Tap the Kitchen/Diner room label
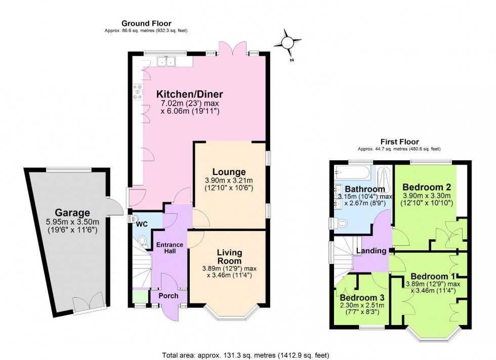189,94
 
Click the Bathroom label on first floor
362,189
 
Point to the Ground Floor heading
146,23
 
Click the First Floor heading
399,142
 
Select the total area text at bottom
247,355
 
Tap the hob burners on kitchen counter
137,92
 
